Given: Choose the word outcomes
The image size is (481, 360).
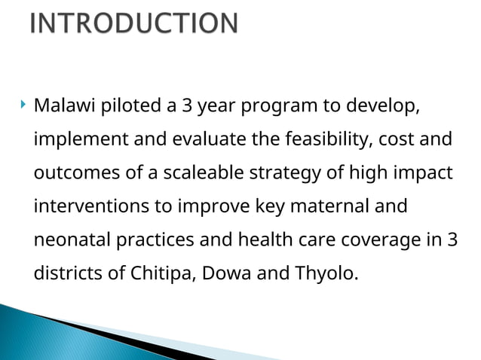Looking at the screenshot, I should coord(70,173).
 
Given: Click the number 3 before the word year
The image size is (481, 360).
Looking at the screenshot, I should coord(185,105).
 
